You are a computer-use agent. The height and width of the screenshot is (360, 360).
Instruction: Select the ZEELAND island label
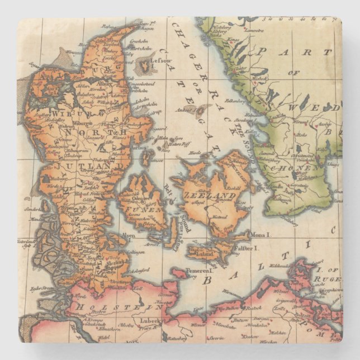tap(210, 196)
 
